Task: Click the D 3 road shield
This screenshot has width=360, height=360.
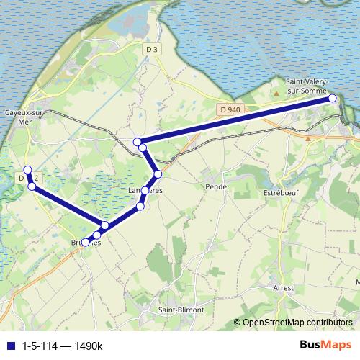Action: (x=150, y=49)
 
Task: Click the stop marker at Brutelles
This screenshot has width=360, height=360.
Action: (x=86, y=243)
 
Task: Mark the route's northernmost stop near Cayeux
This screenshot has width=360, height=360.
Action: (x=27, y=171)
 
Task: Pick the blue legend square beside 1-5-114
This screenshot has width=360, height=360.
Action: (x=10, y=346)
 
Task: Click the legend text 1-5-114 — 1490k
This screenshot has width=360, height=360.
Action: (x=63, y=346)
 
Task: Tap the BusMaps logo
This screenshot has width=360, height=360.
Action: (x=326, y=345)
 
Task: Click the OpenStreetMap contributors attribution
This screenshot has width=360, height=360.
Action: (x=297, y=323)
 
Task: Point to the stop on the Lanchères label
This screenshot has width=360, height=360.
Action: (x=145, y=191)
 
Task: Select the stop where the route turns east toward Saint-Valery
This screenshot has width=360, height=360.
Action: (x=137, y=141)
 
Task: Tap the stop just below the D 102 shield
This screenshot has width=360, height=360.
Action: (x=32, y=186)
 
